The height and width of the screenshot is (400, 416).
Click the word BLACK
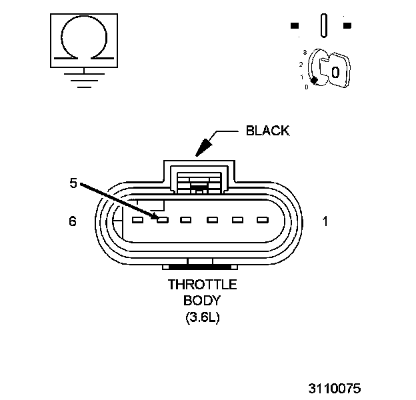point(268,131)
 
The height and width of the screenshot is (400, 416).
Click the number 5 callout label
point(74,182)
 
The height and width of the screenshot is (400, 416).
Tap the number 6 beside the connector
point(73,221)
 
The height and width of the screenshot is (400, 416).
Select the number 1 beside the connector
point(325,221)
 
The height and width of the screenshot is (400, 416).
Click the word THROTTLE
point(202,285)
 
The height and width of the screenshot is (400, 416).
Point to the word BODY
point(202,301)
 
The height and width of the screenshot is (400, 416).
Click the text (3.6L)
point(202,317)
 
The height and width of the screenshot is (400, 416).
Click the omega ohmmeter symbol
point(83,37)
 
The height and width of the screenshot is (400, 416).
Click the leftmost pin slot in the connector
point(137,219)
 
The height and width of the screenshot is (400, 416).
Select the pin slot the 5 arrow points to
point(163,219)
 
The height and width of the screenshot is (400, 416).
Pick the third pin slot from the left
point(187,219)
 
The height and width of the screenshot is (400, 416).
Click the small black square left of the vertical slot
point(295,26)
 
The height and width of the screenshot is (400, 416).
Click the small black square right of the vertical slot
point(347,26)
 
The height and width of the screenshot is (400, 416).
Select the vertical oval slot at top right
point(324,27)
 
